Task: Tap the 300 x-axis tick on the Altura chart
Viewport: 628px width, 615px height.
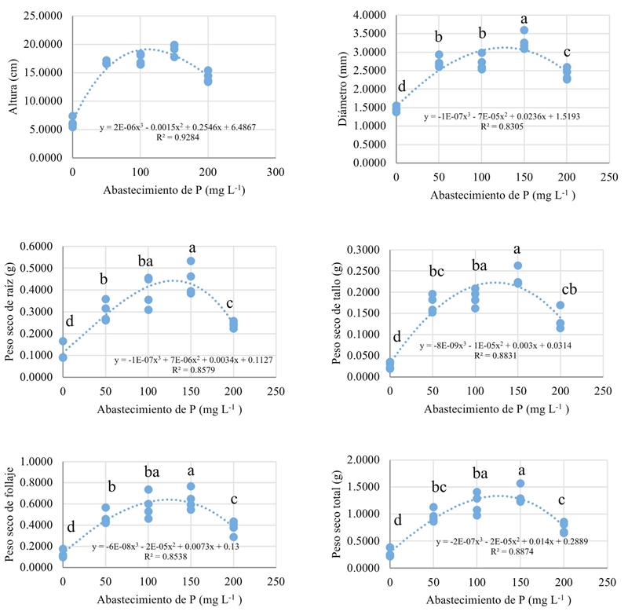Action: point(274,172)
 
